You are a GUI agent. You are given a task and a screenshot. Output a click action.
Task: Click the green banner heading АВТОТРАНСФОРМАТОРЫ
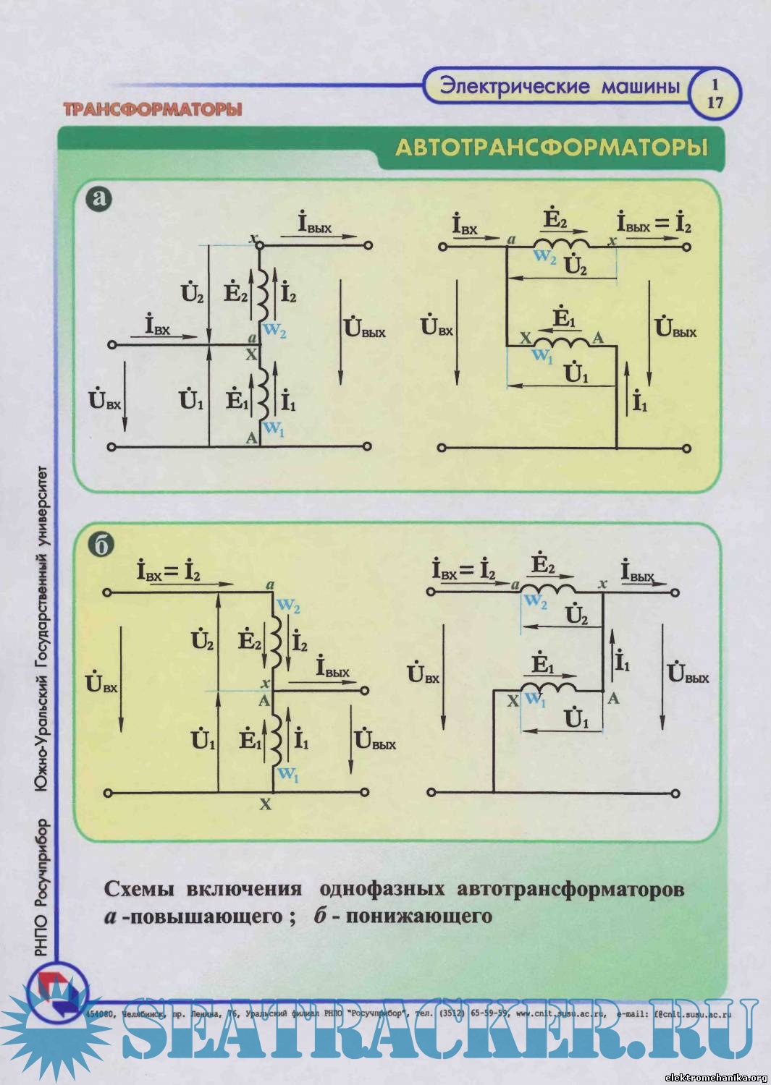551,148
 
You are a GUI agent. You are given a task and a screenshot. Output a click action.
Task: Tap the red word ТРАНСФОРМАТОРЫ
152,110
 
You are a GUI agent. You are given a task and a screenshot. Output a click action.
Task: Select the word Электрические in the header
515,87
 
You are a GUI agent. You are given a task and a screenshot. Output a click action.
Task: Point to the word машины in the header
641,87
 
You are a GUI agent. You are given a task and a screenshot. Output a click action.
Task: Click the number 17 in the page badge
715,103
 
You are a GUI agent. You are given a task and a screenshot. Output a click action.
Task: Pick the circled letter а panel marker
99,197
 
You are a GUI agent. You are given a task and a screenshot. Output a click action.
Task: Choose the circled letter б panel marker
101,545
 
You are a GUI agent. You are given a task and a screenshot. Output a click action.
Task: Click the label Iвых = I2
654,224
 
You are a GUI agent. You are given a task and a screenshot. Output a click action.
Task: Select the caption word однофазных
382,889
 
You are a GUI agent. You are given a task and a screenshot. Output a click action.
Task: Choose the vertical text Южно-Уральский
42,735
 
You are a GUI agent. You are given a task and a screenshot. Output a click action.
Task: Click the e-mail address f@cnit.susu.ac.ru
692,1014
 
